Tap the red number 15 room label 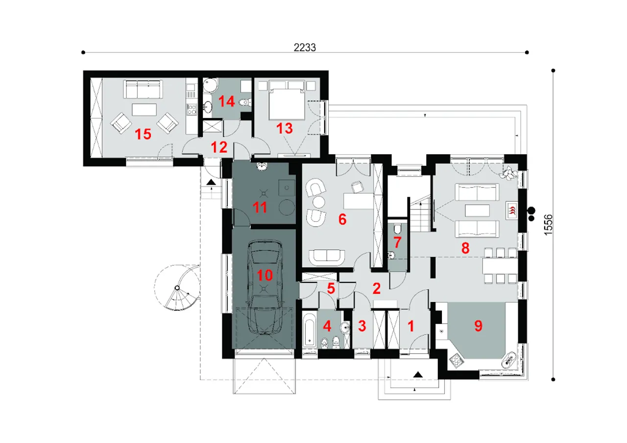143,134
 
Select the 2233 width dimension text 305,47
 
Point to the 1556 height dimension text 548,225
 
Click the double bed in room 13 287,100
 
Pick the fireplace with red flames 512,210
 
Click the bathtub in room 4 310,329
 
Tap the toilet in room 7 397,229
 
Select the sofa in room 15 143,89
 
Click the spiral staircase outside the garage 177,287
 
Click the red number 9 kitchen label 479,326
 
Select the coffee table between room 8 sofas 477,210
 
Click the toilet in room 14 245,102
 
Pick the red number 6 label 342,219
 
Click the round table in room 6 318,201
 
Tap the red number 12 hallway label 219,147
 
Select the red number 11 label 260,208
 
